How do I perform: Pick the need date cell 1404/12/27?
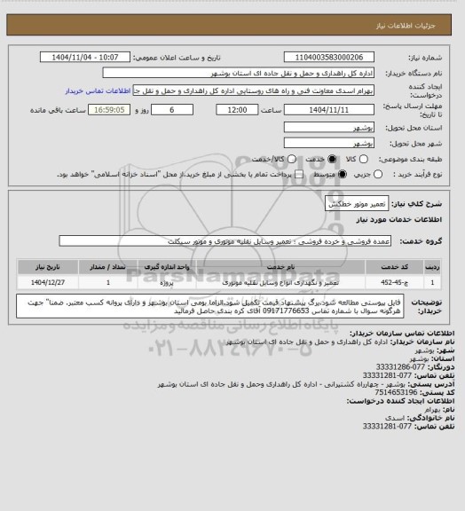click(42, 282)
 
